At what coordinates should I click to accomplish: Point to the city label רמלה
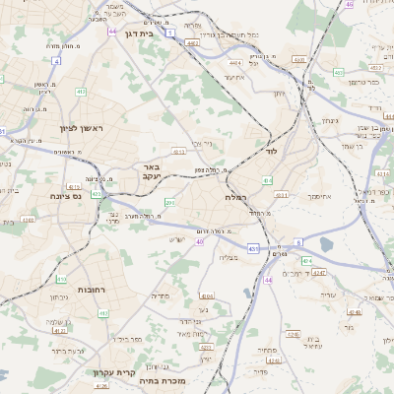(235, 198)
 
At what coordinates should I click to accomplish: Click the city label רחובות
(93, 289)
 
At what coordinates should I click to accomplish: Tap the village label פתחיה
(266, 351)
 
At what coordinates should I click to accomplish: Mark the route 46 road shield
(349, 5)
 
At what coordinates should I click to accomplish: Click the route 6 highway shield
(297, 240)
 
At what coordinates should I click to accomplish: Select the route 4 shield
(56, 61)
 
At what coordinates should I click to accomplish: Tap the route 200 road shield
(169, 202)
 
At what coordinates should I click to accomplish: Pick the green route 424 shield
(306, 260)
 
